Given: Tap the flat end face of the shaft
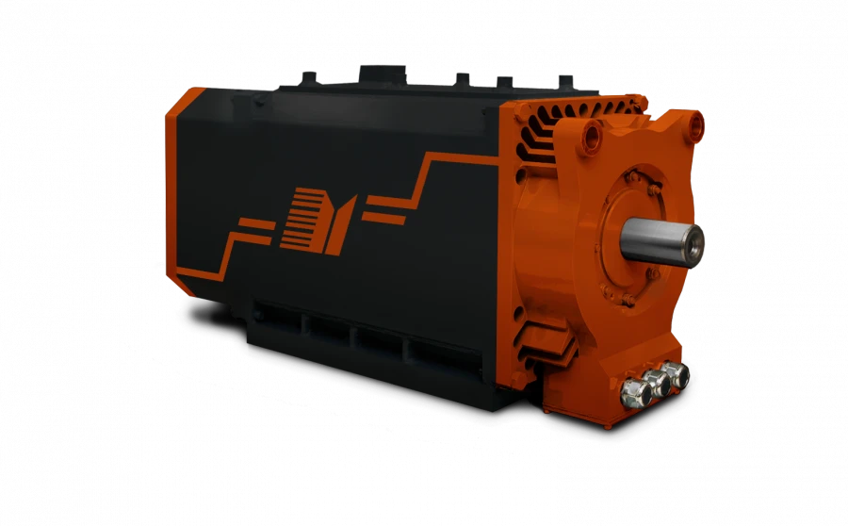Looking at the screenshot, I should coord(694,244).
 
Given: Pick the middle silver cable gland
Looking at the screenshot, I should coord(653,381).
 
